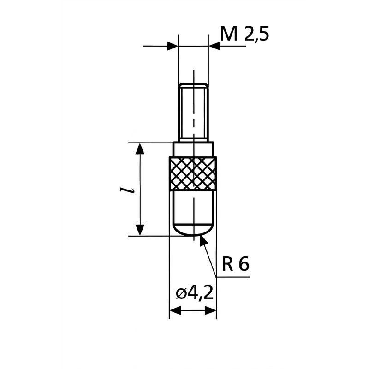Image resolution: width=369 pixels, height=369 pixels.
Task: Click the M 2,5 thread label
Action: pyautogui.click(x=244, y=34)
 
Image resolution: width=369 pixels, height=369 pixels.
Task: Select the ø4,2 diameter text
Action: pyautogui.click(x=195, y=293)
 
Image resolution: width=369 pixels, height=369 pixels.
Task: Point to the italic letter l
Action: pyautogui.click(x=126, y=190)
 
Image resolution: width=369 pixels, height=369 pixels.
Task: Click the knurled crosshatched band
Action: pyautogui.click(x=193, y=173)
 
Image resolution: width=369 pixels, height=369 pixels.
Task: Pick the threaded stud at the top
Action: pyautogui.click(x=193, y=113)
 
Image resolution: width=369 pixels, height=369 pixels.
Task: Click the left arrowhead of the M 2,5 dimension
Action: pyautogui.click(x=173, y=46)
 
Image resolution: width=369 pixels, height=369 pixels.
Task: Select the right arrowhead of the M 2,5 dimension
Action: pyautogui.click(x=214, y=46)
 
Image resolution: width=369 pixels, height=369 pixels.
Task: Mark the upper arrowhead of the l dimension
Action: pyautogui.click(x=140, y=149)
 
